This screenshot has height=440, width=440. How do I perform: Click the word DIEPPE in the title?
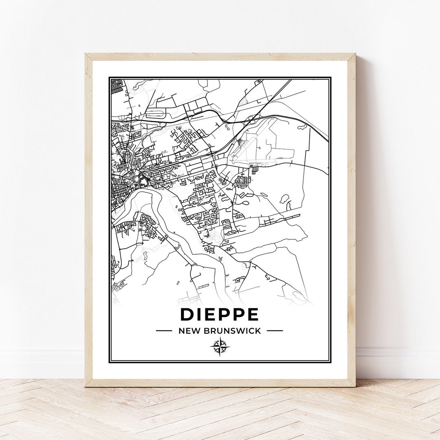coord(219,314)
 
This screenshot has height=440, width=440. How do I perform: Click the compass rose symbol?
coord(220,347)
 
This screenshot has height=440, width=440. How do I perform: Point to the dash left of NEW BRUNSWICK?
coord(164,331)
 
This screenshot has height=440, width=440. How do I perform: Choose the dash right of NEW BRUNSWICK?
coord(275,331)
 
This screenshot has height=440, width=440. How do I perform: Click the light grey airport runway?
coord(253,147)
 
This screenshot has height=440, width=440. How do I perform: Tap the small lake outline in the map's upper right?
coord(302,127)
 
